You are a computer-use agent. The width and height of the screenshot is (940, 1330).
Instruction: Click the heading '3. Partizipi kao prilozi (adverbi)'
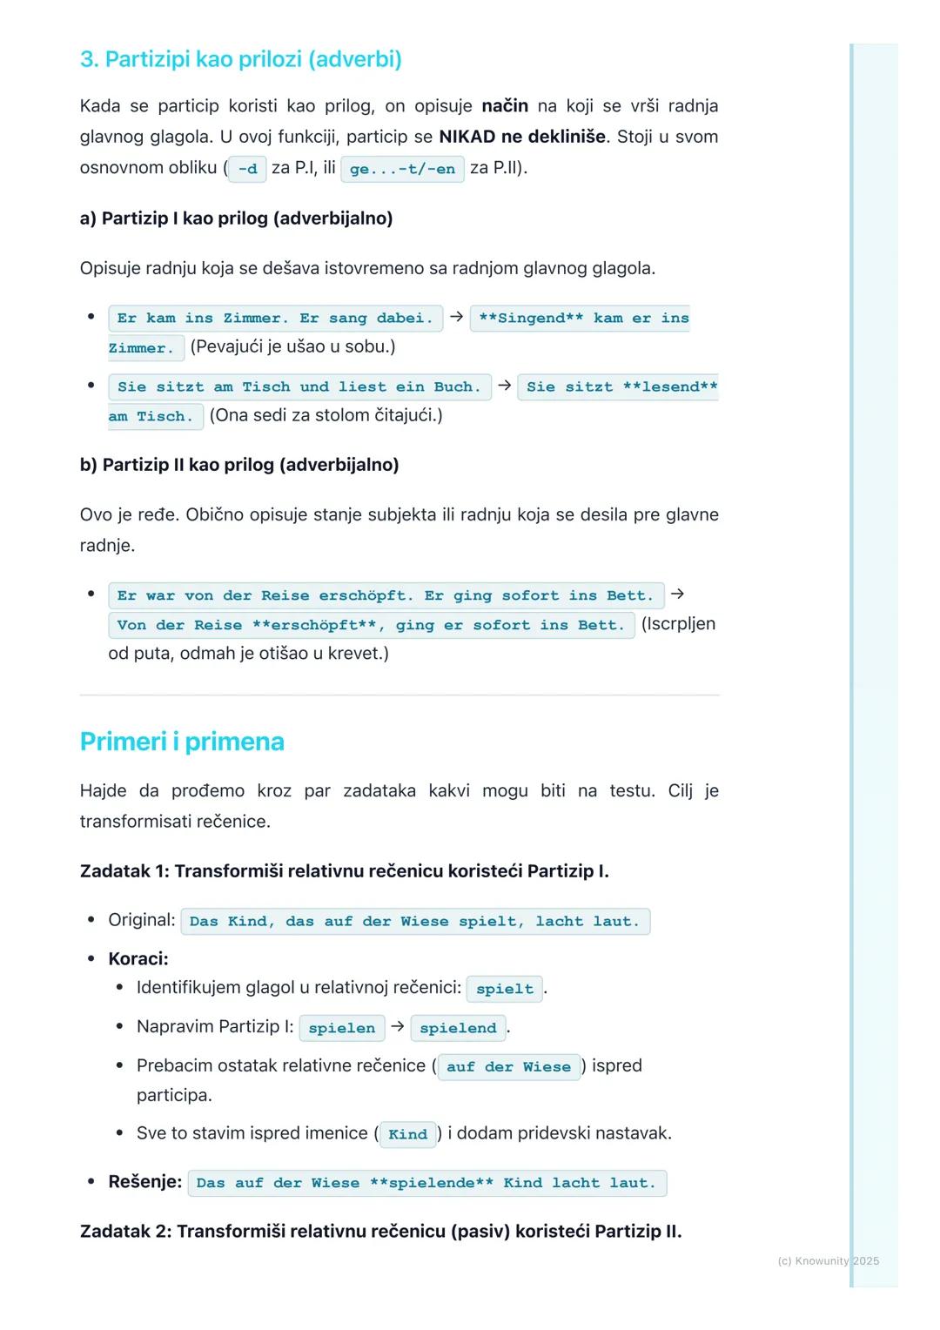pos(240,59)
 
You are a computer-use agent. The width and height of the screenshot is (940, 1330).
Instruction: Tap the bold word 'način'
pos(505,106)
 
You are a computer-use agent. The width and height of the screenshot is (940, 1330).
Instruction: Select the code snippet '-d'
pos(247,169)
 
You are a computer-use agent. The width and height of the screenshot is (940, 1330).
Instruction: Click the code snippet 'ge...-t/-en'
pos(402,169)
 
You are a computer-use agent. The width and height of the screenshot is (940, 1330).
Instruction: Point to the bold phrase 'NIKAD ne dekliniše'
pos(522,137)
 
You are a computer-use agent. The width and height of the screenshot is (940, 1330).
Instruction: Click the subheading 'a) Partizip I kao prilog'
pos(236,218)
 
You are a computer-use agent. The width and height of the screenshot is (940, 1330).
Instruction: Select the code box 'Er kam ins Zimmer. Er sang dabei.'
pos(275,319)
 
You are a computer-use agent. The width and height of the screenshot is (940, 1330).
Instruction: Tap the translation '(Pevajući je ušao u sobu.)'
pos(292,347)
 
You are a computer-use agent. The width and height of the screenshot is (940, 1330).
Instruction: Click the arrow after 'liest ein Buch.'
pos(504,385)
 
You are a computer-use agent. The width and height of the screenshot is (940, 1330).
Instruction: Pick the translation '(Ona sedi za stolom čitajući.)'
pos(326,415)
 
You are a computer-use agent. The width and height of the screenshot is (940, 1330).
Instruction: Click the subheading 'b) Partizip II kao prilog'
pos(239,465)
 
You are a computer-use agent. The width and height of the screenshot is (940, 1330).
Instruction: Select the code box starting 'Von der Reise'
pos(371,625)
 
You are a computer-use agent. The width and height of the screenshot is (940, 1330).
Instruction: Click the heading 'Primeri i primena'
pos(182,742)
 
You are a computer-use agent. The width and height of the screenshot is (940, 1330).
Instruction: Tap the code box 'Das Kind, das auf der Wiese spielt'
pos(414,921)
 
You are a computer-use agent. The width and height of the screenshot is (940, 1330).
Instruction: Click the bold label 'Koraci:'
pos(138,959)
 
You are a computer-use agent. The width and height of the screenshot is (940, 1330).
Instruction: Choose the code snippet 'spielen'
pos(341,1028)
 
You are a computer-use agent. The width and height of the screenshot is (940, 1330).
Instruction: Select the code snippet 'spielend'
pos(458,1028)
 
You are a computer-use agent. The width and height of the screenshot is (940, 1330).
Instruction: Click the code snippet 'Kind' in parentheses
pos(407,1134)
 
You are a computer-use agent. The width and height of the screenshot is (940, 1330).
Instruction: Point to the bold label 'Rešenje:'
pos(144,1182)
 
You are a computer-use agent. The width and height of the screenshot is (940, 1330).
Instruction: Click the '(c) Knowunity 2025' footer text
pos(828,1260)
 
